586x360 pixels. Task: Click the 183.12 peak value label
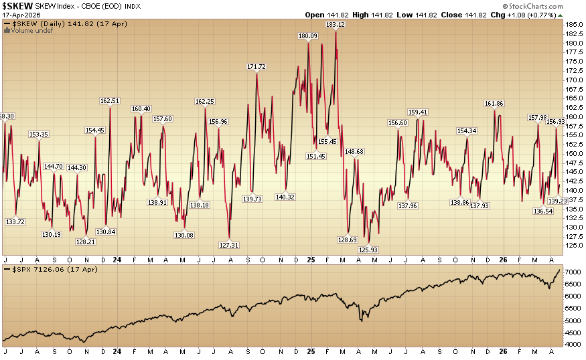335,25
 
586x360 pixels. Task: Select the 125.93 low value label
368,250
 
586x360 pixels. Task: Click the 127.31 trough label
229,245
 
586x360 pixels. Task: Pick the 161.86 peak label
495,104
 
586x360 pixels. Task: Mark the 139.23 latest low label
558,201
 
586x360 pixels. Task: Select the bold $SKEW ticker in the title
18,6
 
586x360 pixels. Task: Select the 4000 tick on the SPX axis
572,344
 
